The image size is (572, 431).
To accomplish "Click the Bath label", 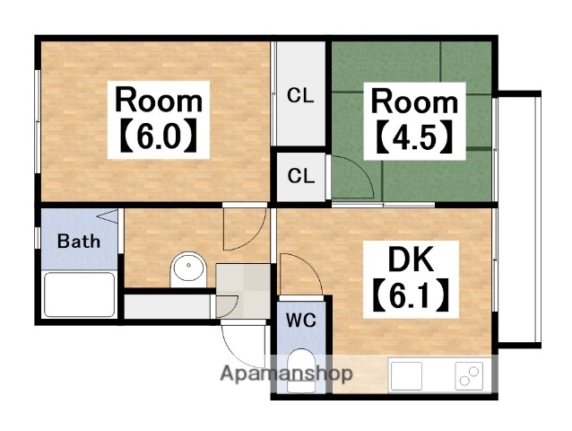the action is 79,242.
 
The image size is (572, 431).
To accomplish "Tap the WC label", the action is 301,321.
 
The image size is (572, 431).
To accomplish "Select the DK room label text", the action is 411,259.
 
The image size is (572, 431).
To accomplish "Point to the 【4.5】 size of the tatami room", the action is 414,137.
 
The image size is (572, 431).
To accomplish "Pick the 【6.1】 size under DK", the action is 411,295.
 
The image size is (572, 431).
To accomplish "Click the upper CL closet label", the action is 300,96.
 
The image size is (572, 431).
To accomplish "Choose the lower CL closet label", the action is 301,176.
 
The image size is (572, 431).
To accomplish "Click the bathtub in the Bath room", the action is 79,295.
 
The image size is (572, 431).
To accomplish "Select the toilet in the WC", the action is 301,370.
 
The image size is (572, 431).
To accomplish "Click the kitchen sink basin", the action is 406,375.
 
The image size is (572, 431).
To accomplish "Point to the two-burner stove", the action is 469,376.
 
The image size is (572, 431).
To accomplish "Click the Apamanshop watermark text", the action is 286,374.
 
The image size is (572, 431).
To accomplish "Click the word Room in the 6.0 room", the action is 159,100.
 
